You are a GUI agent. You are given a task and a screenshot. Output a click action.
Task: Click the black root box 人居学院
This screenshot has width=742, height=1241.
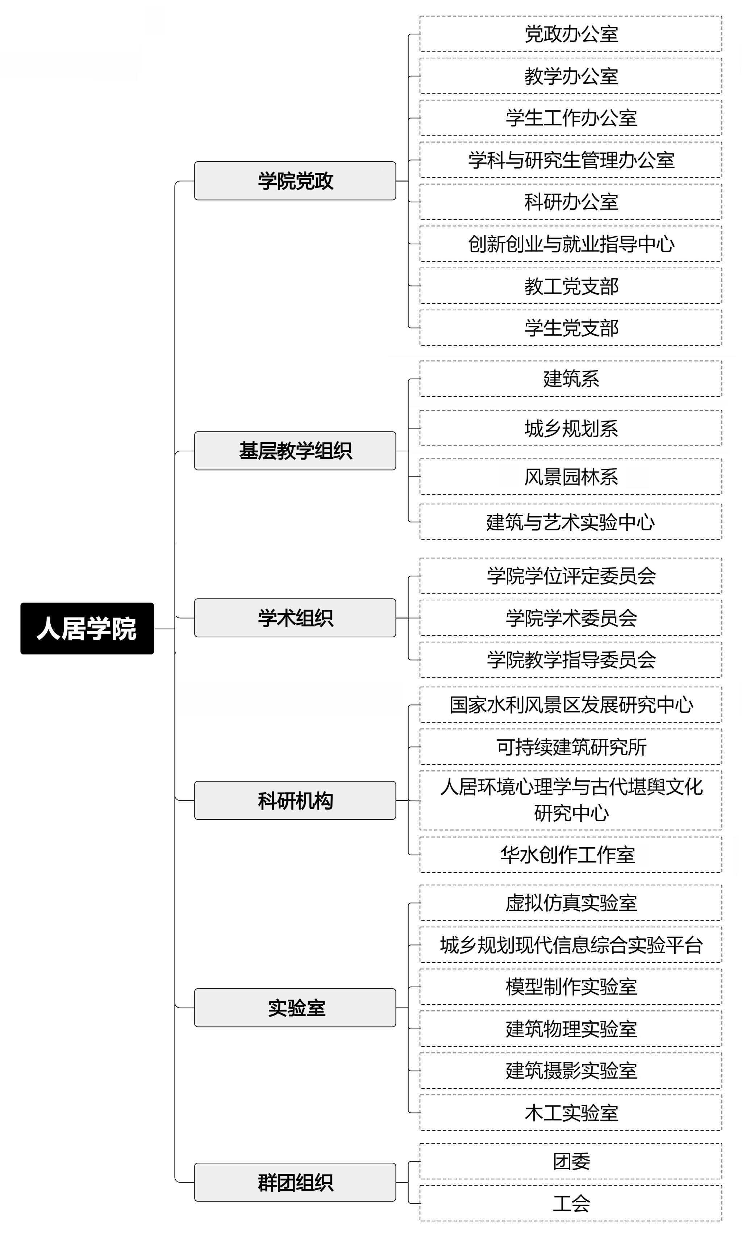tap(87, 628)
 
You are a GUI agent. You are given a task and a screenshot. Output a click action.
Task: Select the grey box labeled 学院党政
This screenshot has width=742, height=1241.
tap(295, 181)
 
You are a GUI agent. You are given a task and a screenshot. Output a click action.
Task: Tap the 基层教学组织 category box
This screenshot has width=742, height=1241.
tap(295, 451)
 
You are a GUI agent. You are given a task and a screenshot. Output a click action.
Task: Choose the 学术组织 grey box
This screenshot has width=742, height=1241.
tap(295, 618)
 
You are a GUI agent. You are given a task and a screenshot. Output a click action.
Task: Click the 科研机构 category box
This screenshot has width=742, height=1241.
tap(295, 800)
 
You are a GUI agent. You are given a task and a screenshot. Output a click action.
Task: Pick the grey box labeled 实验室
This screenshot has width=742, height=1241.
tap(295, 1008)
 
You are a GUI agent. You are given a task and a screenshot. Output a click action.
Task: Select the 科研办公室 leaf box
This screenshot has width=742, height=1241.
tap(571, 202)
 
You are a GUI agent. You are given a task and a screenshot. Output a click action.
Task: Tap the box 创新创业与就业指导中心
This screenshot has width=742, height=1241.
tap(571, 244)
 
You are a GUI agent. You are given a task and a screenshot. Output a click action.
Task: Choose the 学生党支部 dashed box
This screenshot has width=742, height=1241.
tap(571, 328)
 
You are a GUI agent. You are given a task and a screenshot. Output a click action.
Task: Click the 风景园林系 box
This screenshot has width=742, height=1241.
tap(571, 477)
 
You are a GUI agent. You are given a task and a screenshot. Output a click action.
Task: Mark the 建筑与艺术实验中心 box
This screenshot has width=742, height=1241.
tap(571, 522)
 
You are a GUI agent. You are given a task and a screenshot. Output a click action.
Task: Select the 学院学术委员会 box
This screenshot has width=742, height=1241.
tap(571, 618)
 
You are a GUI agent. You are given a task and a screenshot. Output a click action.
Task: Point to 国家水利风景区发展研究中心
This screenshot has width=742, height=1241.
tap(571, 705)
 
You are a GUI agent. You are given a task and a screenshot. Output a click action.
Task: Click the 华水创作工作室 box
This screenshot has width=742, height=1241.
tap(571, 855)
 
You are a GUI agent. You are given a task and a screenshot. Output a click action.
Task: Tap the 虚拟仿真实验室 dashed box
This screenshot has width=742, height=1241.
tap(571, 903)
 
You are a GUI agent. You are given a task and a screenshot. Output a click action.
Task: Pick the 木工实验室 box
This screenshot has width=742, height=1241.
tap(571, 1113)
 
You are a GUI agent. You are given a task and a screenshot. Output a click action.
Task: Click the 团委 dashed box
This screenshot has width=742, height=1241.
tap(571, 1161)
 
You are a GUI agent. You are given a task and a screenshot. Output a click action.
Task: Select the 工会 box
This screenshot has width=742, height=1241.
tap(571, 1203)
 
